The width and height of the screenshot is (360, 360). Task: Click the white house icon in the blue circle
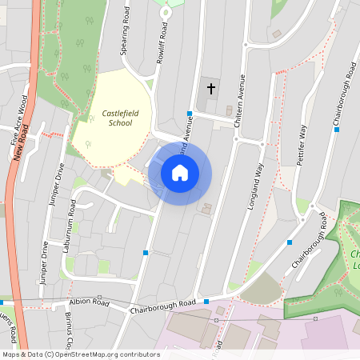click(x=180, y=172)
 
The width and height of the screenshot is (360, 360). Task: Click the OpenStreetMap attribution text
click(x=80, y=354)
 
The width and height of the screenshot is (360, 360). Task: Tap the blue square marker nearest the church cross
click(x=190, y=114)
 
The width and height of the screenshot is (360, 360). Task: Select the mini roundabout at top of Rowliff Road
click(x=167, y=13)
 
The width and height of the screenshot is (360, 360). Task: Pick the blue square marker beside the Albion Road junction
click(x=206, y=302)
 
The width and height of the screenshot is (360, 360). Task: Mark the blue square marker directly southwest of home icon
click(x=146, y=253)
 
